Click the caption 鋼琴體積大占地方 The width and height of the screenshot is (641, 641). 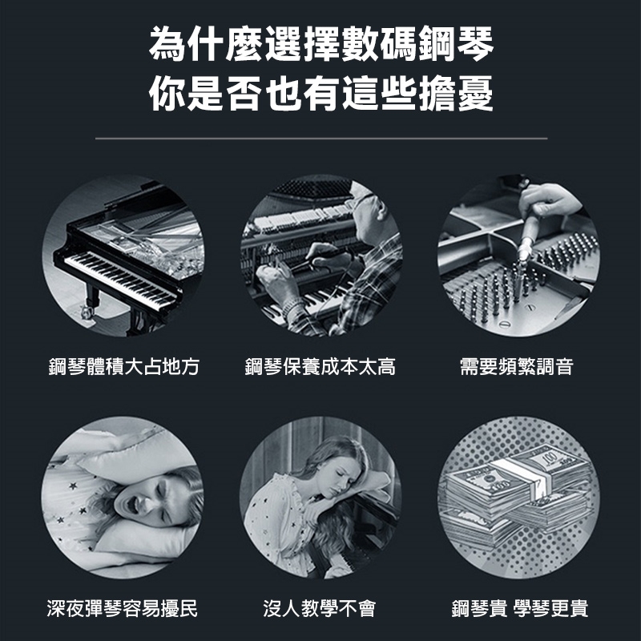(x=124, y=366)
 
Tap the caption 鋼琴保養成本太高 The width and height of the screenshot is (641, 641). (x=320, y=366)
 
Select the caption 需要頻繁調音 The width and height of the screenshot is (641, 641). (x=516, y=366)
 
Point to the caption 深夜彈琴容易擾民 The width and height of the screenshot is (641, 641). (x=123, y=608)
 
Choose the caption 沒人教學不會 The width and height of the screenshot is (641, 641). (x=319, y=608)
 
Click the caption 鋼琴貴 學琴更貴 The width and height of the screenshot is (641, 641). (x=519, y=608)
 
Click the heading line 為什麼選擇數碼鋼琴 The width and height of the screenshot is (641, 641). (x=321, y=43)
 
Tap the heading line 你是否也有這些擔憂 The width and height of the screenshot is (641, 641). (x=321, y=93)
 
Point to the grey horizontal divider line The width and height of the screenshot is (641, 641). (x=321, y=138)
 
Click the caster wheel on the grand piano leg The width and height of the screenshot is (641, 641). (x=87, y=312)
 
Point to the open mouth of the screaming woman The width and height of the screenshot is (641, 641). (x=131, y=506)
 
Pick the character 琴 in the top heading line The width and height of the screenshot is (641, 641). (x=475, y=43)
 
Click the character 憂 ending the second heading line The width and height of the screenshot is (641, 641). (x=475, y=93)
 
